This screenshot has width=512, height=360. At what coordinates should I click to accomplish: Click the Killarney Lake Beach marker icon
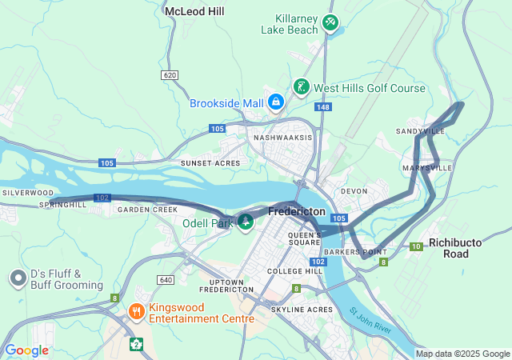tap(331, 22)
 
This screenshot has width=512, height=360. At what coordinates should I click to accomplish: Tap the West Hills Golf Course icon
tap(302, 86)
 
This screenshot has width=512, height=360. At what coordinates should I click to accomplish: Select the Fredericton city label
tap(297, 212)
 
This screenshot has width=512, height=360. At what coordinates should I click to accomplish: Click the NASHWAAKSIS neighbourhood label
tap(282, 138)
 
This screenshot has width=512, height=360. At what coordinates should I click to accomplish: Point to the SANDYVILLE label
tap(420, 131)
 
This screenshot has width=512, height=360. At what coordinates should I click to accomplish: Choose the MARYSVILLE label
tap(429, 168)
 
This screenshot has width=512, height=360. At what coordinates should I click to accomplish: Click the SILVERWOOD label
tap(26, 193)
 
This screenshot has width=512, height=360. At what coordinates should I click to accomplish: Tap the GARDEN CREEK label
tap(147, 210)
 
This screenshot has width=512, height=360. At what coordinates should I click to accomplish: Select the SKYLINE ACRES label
tap(302, 310)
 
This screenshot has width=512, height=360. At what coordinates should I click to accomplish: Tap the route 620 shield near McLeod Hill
tap(169, 75)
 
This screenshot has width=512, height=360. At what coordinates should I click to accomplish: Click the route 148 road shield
tap(322, 106)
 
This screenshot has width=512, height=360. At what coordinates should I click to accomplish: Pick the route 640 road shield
tap(166, 279)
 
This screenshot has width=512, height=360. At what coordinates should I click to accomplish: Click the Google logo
tap(26, 350)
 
